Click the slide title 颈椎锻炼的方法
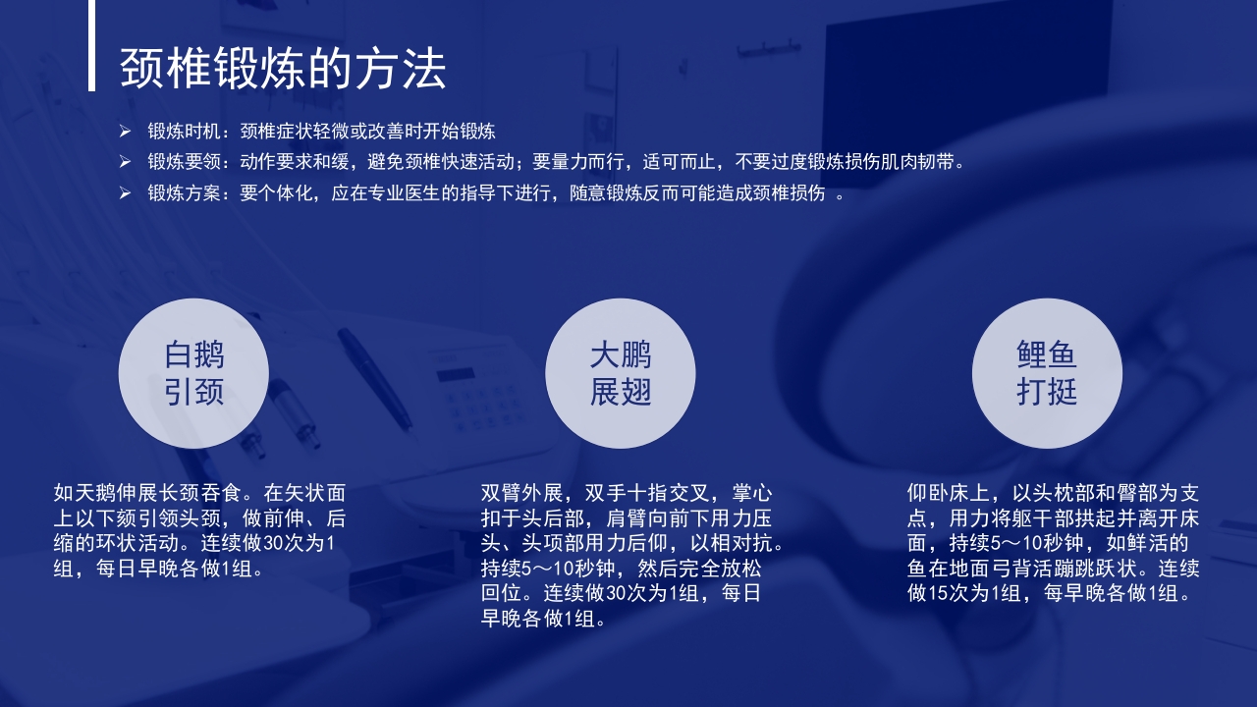pos(283,69)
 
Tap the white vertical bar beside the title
pos(91,45)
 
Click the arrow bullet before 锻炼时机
pos(125,131)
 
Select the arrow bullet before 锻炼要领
pos(125,161)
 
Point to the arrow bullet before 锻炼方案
pos(125,192)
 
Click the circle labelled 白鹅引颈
pos(193,373)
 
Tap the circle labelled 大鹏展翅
pos(621,373)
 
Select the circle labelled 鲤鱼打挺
pos(1047,373)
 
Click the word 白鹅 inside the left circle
pos(193,355)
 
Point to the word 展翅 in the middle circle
pos(621,392)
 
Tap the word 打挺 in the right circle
pos(1047,392)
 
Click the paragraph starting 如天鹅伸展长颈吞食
pos(200,530)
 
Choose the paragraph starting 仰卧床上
pos(1053,543)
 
